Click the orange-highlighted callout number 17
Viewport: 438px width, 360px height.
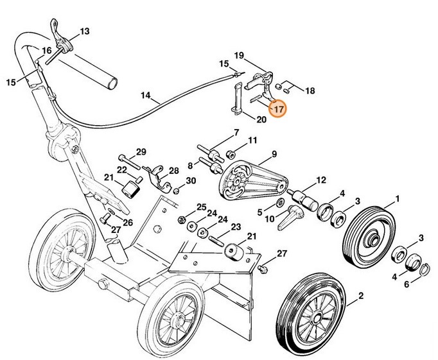pos(278,109)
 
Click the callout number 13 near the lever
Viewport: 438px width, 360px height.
pos(85,31)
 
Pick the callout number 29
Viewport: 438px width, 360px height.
pos(141,152)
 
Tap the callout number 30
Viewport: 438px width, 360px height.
pos(191,181)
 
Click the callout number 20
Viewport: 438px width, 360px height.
pos(261,119)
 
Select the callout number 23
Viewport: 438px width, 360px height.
pos(235,227)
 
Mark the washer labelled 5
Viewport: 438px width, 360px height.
pos(281,203)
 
